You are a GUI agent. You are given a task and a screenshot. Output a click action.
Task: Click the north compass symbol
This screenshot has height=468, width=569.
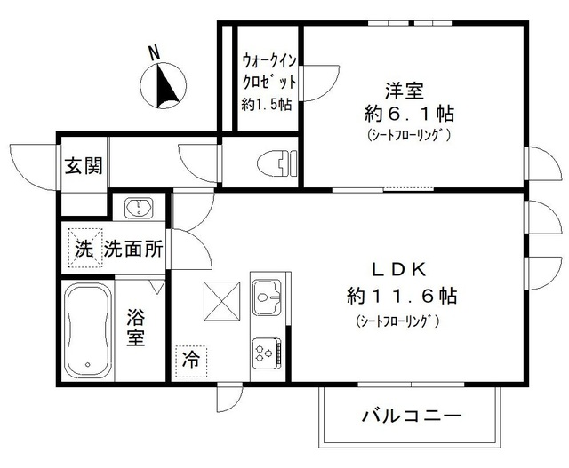click(163, 87)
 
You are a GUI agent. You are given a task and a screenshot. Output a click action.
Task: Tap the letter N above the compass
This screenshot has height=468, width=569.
click(154, 53)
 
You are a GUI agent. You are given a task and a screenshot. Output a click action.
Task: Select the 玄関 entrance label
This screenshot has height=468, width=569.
click(83, 167)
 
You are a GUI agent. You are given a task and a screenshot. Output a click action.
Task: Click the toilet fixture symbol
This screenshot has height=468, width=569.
click(274, 163)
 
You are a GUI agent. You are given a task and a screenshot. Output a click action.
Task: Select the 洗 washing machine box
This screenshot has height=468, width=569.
click(83, 250)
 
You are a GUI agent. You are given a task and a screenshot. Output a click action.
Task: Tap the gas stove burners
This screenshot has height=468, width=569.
click(266, 351)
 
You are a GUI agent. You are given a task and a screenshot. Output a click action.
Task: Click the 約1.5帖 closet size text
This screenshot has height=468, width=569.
click(267, 104)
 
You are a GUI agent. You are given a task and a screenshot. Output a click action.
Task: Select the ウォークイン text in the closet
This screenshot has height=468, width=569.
click(267, 61)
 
